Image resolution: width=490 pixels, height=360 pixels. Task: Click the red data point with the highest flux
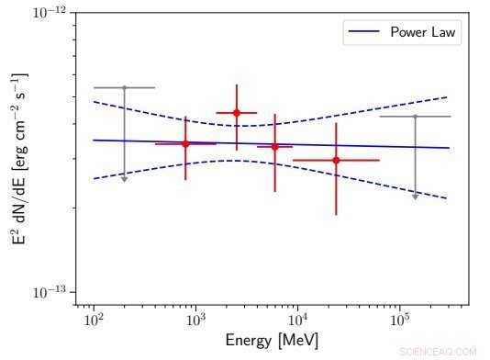pyautogui.click(x=237, y=113)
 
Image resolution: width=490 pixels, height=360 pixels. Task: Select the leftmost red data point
pyautogui.click(x=185, y=143)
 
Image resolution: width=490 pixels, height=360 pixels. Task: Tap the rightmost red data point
pyautogui.click(x=336, y=160)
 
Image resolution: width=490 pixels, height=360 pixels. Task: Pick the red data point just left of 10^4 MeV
pyautogui.click(x=274, y=146)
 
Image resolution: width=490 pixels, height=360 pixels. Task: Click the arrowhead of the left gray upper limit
pyautogui.click(x=124, y=178)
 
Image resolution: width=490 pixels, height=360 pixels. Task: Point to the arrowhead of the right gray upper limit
pyautogui.click(x=415, y=196)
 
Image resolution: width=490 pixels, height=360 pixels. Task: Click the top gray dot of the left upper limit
pyautogui.click(x=124, y=87)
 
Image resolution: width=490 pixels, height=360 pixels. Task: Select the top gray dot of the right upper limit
pyautogui.click(x=415, y=117)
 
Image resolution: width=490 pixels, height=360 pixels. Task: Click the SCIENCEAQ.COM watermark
pyautogui.click(x=439, y=351)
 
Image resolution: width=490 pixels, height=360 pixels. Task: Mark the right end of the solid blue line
pyautogui.click(x=449, y=148)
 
